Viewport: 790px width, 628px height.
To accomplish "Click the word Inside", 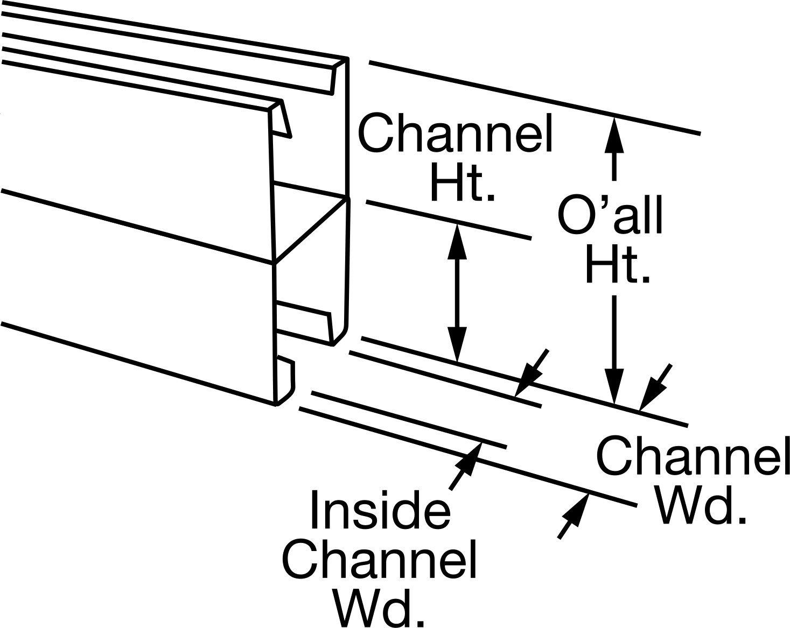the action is (381, 510).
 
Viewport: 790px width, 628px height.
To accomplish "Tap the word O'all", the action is (610, 215).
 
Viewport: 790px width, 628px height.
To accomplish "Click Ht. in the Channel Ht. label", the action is (463, 182).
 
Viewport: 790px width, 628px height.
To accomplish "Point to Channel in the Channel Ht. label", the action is (455, 132).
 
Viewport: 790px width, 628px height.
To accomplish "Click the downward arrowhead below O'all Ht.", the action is (614, 385).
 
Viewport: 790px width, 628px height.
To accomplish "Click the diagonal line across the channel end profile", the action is (311, 231).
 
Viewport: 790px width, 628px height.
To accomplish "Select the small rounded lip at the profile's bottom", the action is (285, 380).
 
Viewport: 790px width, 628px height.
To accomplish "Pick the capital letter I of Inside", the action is (314, 510).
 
